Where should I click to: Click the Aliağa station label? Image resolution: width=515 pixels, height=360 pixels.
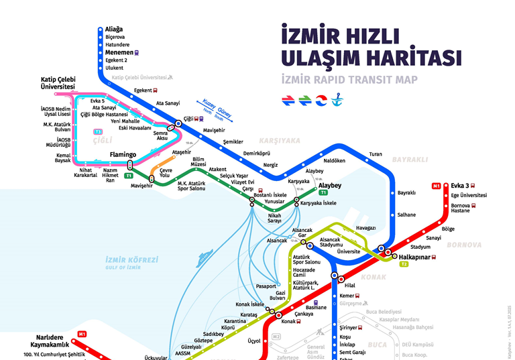point(114,29)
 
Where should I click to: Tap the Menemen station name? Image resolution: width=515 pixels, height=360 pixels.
point(119,52)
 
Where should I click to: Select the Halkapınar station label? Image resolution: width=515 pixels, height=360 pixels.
point(413,257)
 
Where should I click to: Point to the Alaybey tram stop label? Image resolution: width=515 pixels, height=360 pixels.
point(330,185)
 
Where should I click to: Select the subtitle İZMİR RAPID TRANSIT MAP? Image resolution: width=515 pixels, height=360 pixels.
point(349,80)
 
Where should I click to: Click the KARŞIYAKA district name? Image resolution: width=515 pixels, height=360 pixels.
point(280,141)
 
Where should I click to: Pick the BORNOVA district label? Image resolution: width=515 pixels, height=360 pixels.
point(463,245)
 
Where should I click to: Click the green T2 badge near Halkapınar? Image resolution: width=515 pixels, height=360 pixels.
point(404,265)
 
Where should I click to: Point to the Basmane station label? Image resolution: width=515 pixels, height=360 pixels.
point(315,308)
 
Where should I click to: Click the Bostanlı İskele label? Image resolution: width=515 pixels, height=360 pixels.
point(271,194)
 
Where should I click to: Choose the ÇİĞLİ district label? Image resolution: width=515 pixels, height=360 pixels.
point(102,140)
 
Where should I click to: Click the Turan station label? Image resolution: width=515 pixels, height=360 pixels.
point(375,155)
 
